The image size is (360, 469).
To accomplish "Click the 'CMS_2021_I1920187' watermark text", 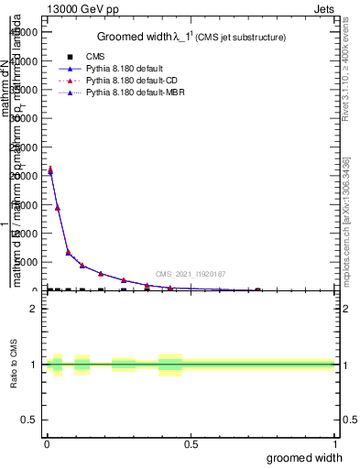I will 190,274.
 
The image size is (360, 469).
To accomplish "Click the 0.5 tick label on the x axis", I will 191,444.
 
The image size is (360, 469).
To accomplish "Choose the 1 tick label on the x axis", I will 334,444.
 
